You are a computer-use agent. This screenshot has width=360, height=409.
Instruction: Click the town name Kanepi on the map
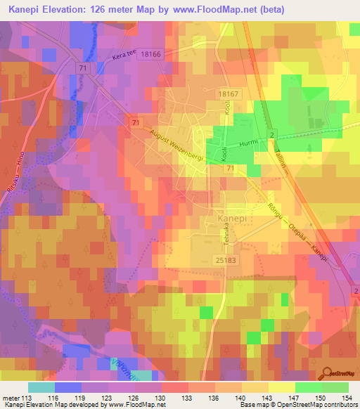point(225,220)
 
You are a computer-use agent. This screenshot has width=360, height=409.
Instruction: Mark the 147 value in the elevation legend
point(298,398)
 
